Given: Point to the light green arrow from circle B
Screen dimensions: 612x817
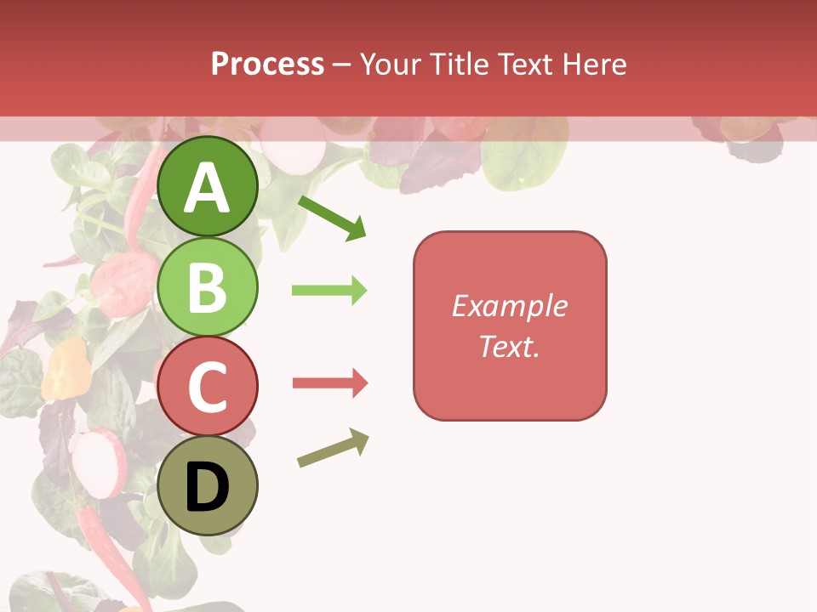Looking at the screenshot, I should pyautogui.click(x=329, y=291).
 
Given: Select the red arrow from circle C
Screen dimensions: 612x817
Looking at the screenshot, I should pyautogui.click(x=329, y=383).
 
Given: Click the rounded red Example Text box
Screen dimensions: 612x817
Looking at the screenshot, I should pyautogui.click(x=510, y=326).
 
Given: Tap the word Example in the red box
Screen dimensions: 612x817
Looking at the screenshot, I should pyautogui.click(x=510, y=306).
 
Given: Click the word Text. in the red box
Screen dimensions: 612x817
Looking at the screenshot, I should pyautogui.click(x=510, y=347).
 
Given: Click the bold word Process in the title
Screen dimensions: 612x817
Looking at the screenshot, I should pyautogui.click(x=267, y=64).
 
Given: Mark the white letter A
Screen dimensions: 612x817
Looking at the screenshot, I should pyautogui.click(x=208, y=189).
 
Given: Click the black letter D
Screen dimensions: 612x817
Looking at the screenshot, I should pyautogui.click(x=208, y=488).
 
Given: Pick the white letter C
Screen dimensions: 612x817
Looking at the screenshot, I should pyautogui.click(x=208, y=388).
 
